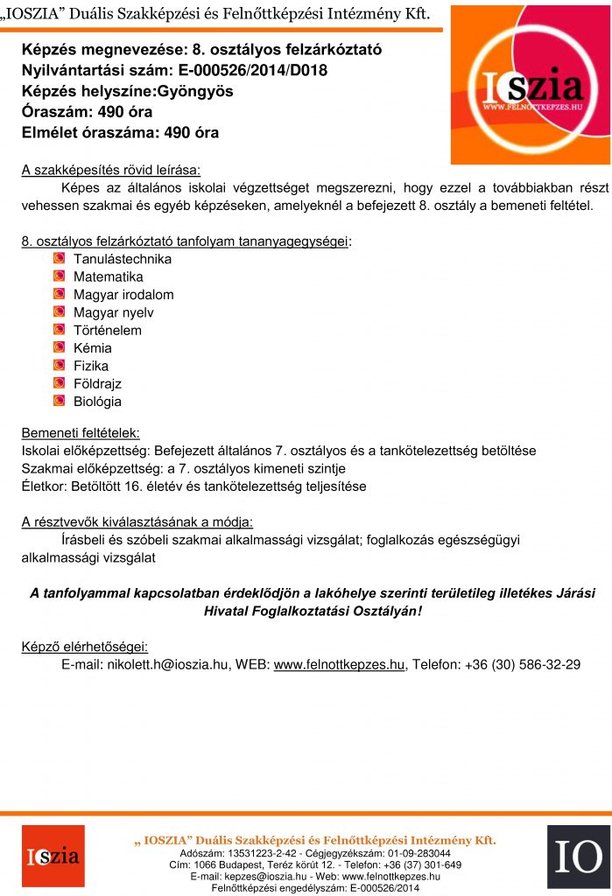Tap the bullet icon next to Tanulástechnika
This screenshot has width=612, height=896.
tap(59, 259)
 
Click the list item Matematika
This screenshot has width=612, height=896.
tap(108, 277)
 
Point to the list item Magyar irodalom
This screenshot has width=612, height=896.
tap(123, 295)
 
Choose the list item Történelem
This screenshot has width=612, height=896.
tap(107, 331)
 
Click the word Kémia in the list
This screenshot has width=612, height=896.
tap(92, 348)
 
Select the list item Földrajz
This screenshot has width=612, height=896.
tap(97, 384)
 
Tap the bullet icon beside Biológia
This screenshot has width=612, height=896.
tap(59, 402)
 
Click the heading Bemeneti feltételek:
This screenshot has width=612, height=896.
tap(80, 433)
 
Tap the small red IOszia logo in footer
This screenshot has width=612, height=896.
tap(53, 856)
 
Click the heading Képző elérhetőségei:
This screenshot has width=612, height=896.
tap(85, 647)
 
